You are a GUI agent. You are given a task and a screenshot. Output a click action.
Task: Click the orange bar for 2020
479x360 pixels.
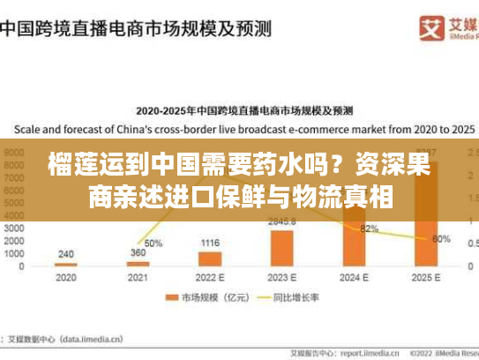point(65,265)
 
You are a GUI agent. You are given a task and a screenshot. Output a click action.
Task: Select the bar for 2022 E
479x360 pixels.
point(210,259)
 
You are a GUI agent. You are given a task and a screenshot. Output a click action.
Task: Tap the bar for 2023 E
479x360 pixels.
point(281,247)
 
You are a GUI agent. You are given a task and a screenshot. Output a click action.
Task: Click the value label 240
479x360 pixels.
point(65,253)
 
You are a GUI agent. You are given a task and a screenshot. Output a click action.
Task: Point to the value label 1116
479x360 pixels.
point(210,243)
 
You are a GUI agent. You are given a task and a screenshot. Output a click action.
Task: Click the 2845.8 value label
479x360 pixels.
point(282,221)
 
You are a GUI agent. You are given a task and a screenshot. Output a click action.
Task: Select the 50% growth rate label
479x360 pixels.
point(153,243)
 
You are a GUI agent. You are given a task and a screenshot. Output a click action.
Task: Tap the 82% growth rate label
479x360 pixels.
point(370,229)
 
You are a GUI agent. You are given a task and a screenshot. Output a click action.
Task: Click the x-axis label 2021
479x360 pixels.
point(138,278)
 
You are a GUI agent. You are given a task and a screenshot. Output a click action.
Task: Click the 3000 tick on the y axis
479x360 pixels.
point(16,227)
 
